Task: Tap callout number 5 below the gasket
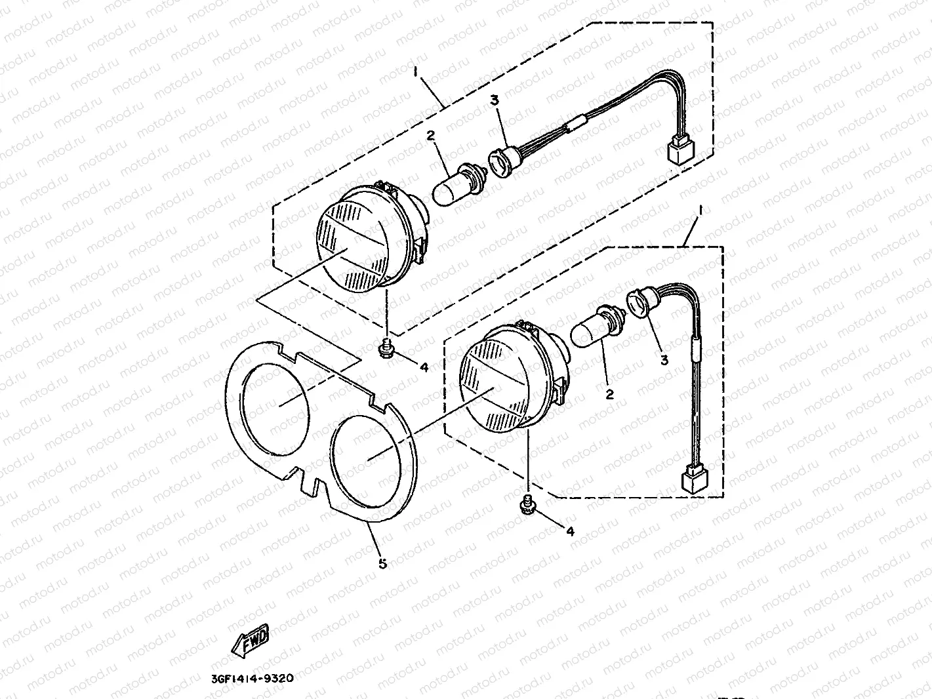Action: click(x=382, y=563)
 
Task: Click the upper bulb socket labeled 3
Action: click(x=501, y=161)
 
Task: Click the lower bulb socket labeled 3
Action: click(x=639, y=302)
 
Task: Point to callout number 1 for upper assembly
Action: click(x=415, y=69)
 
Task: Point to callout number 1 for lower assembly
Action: click(x=700, y=210)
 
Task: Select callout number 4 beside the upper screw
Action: click(x=424, y=368)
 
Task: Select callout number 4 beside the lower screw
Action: click(x=570, y=531)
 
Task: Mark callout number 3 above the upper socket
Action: click(x=495, y=100)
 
